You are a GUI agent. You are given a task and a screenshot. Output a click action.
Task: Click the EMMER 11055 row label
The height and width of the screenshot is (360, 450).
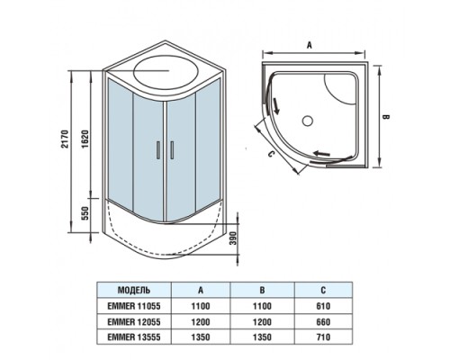coord(134,305)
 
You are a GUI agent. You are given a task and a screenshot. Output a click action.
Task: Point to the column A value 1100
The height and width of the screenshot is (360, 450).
coord(200,305)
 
